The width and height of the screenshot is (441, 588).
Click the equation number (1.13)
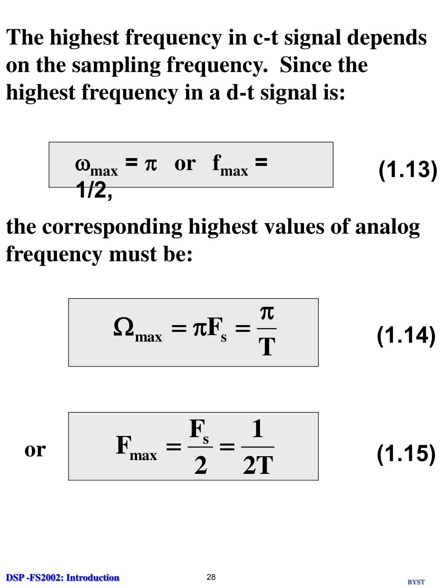coord(407,169)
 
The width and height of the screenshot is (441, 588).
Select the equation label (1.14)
coord(406,336)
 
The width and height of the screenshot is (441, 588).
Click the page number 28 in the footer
coord(211,577)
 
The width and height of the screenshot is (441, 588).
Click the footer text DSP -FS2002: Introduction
coord(63,578)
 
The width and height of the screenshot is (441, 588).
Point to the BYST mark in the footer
coord(416,582)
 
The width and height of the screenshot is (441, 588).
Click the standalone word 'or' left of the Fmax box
coord(35,449)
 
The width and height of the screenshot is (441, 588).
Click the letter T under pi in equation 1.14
coord(267,347)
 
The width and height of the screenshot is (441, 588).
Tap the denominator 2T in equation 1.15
coord(258,465)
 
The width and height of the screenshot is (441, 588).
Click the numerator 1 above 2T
coord(258,429)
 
